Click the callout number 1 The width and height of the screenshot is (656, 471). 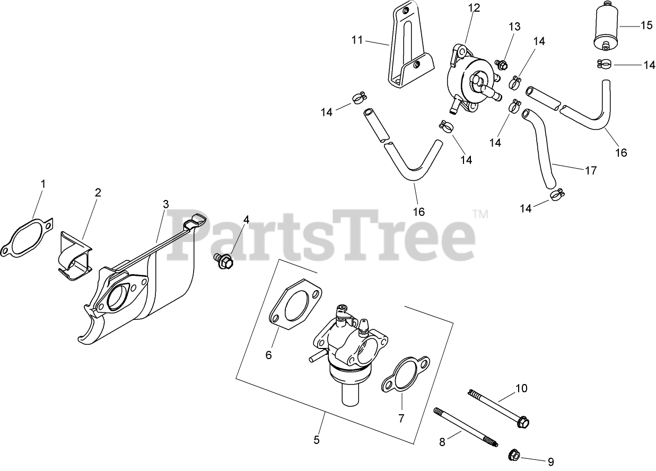(x=43, y=184)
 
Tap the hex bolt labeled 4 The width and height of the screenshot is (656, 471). (x=224, y=260)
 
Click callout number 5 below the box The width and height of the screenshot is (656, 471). (x=317, y=440)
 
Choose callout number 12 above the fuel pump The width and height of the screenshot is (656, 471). (x=474, y=8)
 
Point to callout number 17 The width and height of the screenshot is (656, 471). (x=591, y=171)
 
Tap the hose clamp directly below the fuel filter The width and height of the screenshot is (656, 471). (x=605, y=65)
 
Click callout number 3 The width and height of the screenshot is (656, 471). (x=166, y=204)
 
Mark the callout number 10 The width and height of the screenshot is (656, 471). (x=521, y=388)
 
